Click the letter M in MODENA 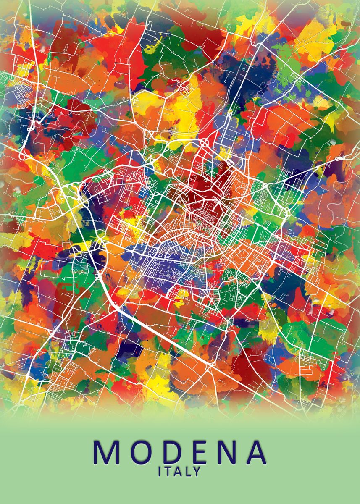click(105, 452)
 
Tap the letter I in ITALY click(160, 472)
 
